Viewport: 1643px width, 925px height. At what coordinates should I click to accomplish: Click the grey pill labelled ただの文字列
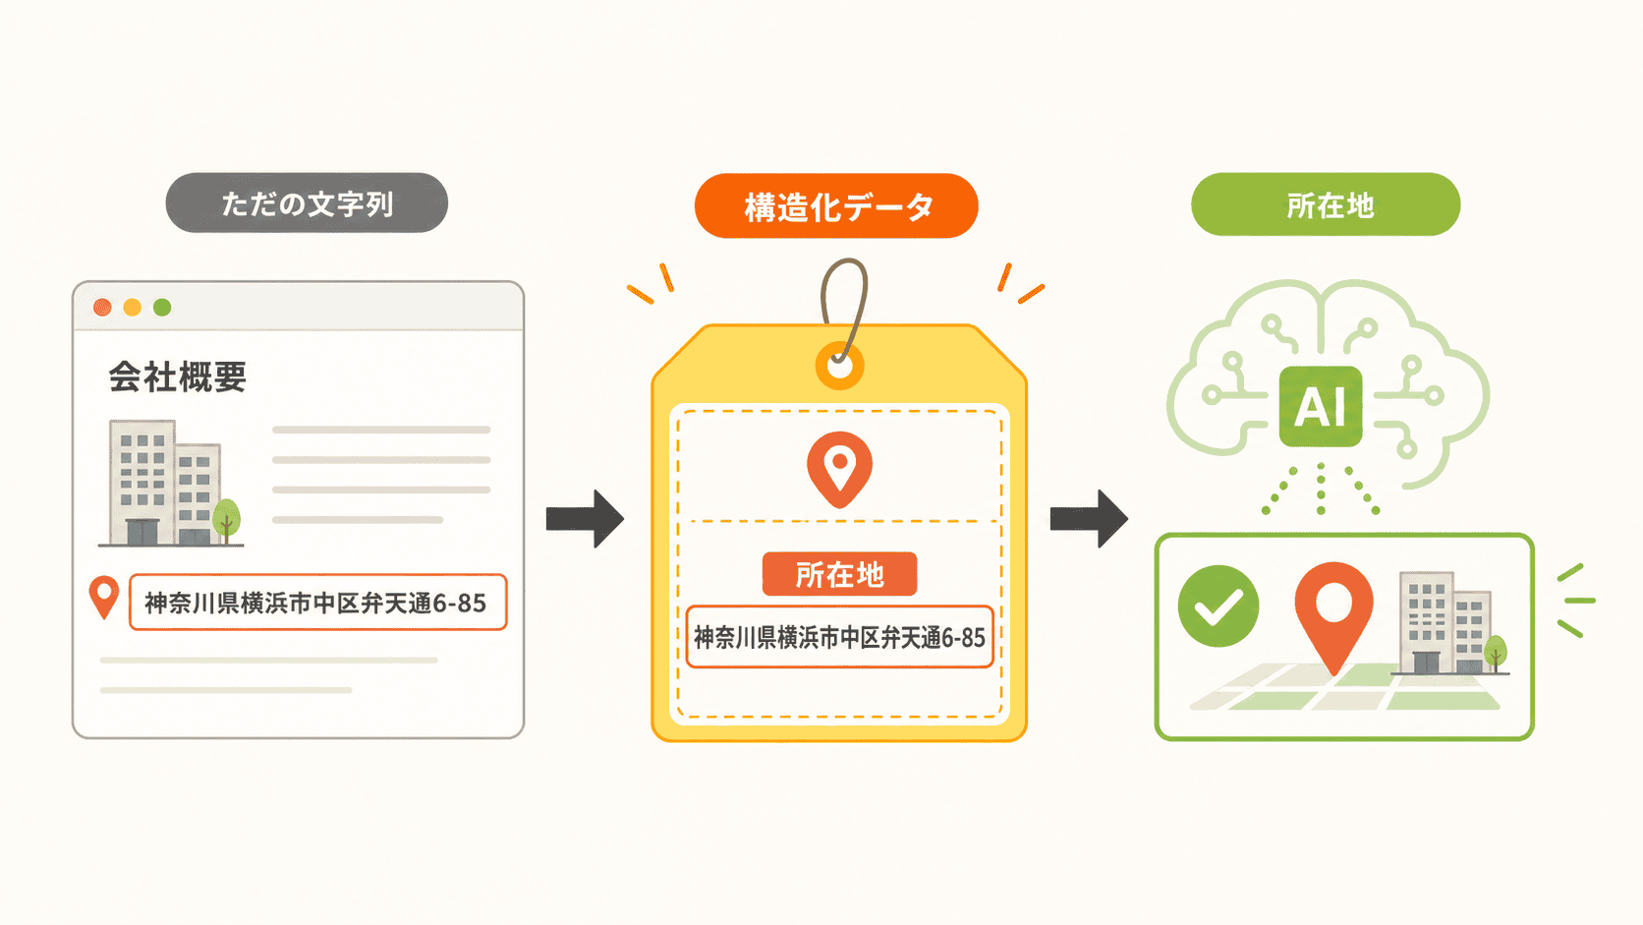point(307,203)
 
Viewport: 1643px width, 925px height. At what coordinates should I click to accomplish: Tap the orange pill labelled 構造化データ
point(836,206)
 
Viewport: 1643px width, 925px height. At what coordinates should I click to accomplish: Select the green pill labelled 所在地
point(1326,204)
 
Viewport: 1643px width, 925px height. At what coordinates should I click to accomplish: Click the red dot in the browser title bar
point(102,308)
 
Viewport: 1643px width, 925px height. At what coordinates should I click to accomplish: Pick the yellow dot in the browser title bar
point(132,308)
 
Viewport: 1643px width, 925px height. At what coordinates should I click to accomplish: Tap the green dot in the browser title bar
point(162,308)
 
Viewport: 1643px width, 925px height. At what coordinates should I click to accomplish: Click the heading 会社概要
point(178,377)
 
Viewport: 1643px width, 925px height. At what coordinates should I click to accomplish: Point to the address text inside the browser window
point(315,603)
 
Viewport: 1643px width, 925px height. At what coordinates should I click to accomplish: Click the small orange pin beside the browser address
point(104,597)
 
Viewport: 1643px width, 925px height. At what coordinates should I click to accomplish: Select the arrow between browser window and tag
point(585,519)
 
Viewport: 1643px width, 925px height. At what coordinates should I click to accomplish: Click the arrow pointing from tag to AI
point(1089,519)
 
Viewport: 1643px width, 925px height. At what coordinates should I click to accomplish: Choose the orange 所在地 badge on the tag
point(840,574)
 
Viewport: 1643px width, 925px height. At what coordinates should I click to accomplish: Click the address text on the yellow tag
point(840,637)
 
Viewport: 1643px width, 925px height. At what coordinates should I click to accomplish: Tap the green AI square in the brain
point(1321,406)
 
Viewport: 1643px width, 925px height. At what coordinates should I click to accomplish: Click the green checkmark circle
point(1218,606)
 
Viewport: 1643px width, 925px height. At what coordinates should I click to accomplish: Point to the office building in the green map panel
point(1445,623)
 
